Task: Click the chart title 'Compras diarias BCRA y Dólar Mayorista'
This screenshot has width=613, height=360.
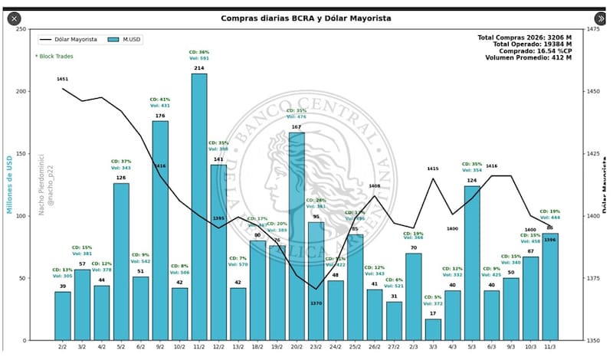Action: (307, 18)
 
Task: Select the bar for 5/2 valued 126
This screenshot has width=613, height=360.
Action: (121, 260)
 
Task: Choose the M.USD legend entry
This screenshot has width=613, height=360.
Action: (126, 39)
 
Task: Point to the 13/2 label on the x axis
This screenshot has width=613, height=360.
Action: (238, 348)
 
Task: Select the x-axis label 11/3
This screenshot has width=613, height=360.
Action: (550, 348)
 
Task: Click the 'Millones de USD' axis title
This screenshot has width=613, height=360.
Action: (10, 184)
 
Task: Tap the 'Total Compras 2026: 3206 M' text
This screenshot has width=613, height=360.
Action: (524, 38)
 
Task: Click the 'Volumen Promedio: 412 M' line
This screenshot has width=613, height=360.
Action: (529, 58)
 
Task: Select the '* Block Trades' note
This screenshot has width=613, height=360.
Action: (54, 56)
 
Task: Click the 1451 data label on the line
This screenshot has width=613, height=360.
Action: (63, 79)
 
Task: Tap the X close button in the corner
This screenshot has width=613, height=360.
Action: (14, 18)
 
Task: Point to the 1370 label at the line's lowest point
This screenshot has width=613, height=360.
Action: (316, 303)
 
